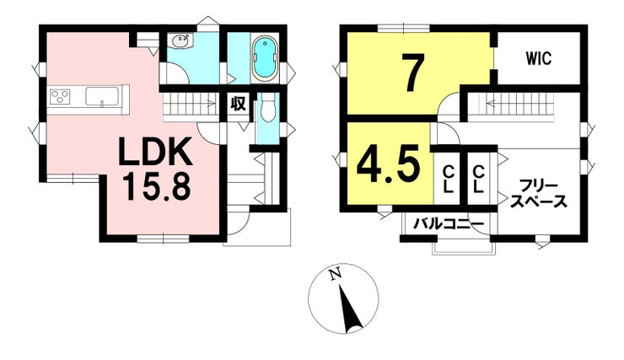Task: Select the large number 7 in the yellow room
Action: click(x=412, y=73)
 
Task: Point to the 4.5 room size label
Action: click(x=390, y=164)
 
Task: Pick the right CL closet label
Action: click(x=478, y=177)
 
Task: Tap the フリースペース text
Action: click(x=537, y=193)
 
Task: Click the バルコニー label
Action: click(x=448, y=224)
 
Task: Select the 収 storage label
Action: click(x=238, y=105)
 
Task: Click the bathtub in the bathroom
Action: click(x=263, y=56)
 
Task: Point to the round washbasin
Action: click(x=180, y=43)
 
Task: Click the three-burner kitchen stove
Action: click(x=62, y=98)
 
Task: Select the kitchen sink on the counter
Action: click(x=103, y=98)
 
